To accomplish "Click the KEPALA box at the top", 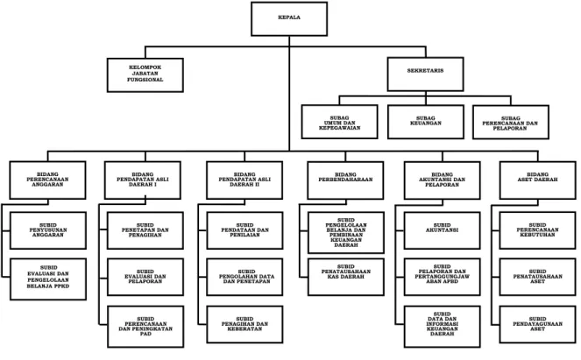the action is pos(289,19).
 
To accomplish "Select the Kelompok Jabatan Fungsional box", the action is pos(145,74).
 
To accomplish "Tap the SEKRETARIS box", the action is pos(425,74).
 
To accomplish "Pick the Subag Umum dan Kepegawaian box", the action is pos(340,122).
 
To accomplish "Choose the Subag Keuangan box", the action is pos(426,122).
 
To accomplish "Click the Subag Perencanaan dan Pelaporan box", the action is pos(511,123).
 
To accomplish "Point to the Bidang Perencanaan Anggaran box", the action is pos(48,180).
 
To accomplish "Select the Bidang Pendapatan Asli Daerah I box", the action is pos(143,180).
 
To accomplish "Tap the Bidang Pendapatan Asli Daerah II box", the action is pos(244,180).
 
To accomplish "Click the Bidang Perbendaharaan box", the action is pos(345,180).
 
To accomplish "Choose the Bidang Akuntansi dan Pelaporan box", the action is pos(442,180).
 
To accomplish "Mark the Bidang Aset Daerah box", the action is pos(538,180).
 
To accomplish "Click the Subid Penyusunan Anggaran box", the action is pos(48,230).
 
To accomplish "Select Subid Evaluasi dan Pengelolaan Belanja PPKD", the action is pos(48,279).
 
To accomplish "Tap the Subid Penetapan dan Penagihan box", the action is pos(145,230).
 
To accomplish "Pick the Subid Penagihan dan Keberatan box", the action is pos(244,324).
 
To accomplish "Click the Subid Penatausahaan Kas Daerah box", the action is pos(346,277).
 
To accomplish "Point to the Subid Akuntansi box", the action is pos(442,230).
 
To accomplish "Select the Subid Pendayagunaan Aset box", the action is pos(538,324).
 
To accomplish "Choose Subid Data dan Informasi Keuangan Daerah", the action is pos(442,327).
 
